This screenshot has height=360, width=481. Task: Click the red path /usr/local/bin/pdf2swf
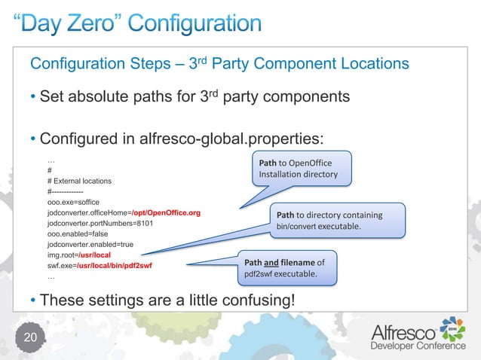(119, 266)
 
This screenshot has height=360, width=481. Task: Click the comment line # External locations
(78, 182)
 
